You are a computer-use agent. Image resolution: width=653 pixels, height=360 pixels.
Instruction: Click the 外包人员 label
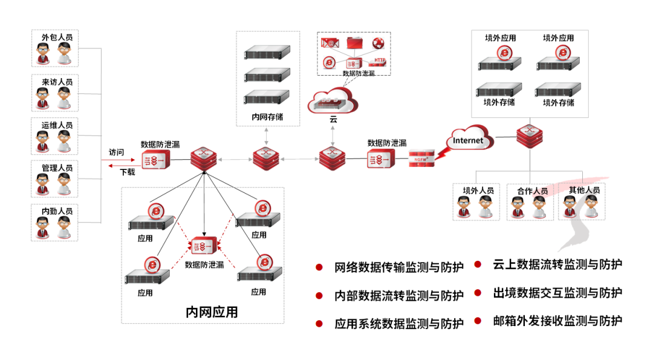click(56, 38)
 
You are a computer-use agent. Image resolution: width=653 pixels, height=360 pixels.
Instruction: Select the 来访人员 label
click(56, 82)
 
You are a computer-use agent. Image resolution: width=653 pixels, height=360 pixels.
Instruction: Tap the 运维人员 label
click(56, 125)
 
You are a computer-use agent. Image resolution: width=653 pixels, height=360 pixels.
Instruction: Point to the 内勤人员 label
click(56, 211)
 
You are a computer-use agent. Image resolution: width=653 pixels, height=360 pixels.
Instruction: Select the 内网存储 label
click(267, 117)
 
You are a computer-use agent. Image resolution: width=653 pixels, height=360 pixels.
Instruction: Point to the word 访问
click(116, 152)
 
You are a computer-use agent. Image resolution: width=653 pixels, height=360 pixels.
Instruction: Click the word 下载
click(128, 172)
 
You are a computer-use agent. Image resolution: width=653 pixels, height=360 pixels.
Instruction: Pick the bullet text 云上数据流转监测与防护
click(557, 264)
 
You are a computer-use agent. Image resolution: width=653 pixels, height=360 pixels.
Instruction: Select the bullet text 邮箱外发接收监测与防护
click(557, 321)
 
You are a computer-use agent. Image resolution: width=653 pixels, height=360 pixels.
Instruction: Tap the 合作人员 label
click(532, 191)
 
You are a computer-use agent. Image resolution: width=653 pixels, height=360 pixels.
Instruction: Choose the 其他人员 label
click(583, 190)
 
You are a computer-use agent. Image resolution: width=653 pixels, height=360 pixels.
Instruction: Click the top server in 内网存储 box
click(267, 53)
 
